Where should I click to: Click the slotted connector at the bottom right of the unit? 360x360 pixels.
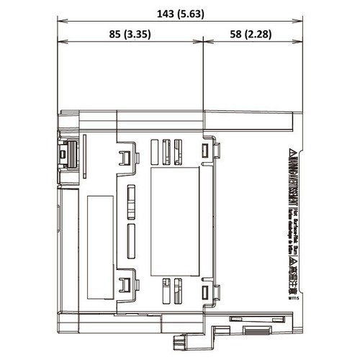click(254, 330)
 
